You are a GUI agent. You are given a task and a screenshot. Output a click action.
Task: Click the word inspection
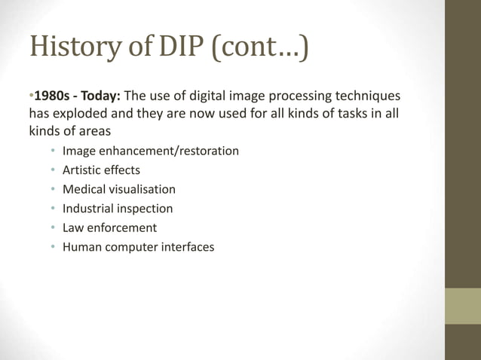144,209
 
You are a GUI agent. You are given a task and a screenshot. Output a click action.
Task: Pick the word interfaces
187,247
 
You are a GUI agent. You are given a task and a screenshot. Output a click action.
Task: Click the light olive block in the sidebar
462,306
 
